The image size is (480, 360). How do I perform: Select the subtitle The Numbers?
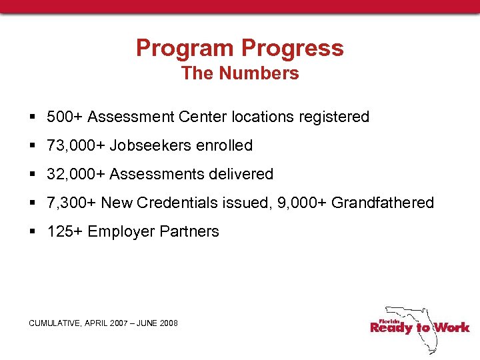(x=240, y=73)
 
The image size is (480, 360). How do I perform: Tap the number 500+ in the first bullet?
(x=65, y=117)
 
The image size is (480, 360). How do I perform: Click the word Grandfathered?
(x=382, y=203)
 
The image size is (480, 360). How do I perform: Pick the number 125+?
(x=65, y=231)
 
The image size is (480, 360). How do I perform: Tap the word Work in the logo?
(x=451, y=327)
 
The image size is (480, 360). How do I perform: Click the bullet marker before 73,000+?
(x=32, y=145)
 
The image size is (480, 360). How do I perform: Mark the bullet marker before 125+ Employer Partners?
(x=32, y=231)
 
